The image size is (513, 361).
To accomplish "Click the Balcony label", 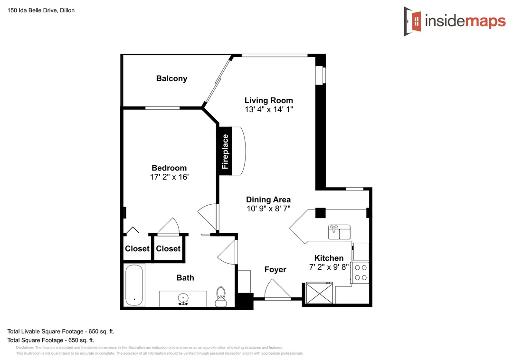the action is (171, 78).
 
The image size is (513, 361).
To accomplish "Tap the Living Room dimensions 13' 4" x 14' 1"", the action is (268, 109).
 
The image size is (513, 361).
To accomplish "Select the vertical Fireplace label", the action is (225, 152).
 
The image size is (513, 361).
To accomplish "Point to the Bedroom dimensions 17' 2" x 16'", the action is (169, 177).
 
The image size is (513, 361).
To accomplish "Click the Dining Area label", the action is (268, 199).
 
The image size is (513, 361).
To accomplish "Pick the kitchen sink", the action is (339, 232).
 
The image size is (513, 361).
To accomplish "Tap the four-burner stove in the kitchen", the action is (360, 272).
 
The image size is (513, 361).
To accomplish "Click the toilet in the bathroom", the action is (221, 296).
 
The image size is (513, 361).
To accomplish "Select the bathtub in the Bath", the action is (134, 285).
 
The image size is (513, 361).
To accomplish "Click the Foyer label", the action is (275, 270).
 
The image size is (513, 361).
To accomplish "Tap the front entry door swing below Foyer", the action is (277, 289).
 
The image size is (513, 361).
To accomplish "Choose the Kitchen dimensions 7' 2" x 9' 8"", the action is (329, 267).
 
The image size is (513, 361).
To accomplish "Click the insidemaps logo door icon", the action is (412, 21).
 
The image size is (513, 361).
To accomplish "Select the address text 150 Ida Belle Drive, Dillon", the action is (41, 10).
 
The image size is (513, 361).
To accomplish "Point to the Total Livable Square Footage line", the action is (61, 332).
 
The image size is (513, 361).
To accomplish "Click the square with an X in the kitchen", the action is (319, 293).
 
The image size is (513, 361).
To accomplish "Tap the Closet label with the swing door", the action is (168, 249).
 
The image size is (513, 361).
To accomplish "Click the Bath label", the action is (185, 278).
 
